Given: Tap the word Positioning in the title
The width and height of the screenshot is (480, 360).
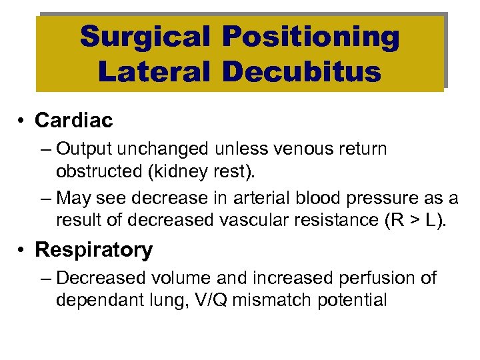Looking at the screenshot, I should pyautogui.click(x=311, y=38).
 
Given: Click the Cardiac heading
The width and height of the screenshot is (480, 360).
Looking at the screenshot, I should pyautogui.click(x=74, y=120).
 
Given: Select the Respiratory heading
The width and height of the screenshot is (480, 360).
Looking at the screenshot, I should pyautogui.click(x=93, y=250).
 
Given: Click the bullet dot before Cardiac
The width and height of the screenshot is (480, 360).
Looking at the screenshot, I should pyautogui.click(x=23, y=121).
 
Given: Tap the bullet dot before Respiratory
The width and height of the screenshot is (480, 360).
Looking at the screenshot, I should pyautogui.click(x=23, y=251).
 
